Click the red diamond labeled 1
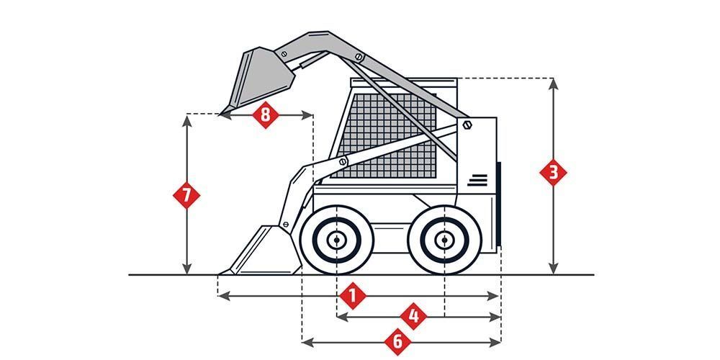pos(353,296)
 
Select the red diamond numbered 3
pos(553,173)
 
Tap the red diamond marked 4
pos(413,316)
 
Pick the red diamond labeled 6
pos(397,341)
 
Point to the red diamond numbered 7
pos(186,196)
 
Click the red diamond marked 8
pos(266,114)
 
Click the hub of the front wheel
pos(336,240)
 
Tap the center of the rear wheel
pos(444,240)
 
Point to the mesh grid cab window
pos(384,136)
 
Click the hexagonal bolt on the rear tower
pos(467,125)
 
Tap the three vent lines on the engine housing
pos(477,181)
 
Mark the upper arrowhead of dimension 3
pos(553,83)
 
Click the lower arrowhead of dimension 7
pos(186,269)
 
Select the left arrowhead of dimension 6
pos(307,342)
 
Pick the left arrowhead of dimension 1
pos(223,296)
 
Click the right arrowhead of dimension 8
pos(307,114)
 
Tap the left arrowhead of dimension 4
pos(342,316)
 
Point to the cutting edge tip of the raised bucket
pos(221,114)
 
